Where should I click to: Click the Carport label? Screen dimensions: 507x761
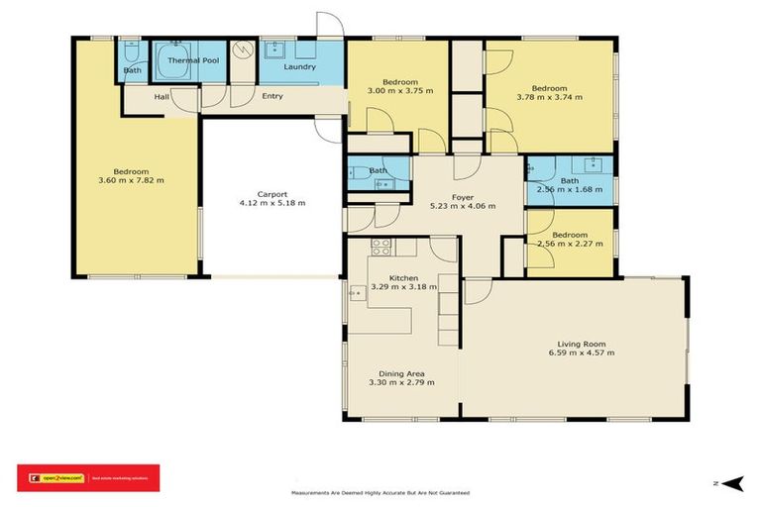(x=272, y=193)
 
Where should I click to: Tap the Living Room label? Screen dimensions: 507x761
(x=582, y=343)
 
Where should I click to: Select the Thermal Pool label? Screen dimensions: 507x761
(x=193, y=60)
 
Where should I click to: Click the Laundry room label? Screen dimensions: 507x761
(x=300, y=67)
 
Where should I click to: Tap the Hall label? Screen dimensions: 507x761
(x=162, y=97)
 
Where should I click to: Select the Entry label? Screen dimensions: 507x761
(x=272, y=96)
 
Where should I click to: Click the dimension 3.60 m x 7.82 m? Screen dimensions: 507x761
(x=131, y=179)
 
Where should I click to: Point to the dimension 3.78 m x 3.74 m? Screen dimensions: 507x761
(x=549, y=97)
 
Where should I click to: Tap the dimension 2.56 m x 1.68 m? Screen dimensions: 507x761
(x=569, y=189)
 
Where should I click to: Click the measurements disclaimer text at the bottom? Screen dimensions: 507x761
(x=380, y=492)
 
